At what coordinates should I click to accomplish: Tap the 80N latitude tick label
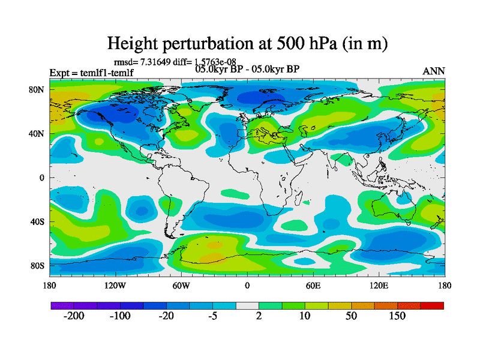tap(37, 89)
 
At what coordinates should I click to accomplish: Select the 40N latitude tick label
tap(37, 134)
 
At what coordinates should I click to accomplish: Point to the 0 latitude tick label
tap(42, 178)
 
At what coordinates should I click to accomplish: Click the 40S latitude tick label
tap(37, 222)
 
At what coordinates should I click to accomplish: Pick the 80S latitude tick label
tap(37, 266)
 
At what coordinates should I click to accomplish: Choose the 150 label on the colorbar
tap(397, 316)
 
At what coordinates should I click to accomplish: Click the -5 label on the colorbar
tap(212, 316)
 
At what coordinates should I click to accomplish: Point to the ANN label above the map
tap(434, 71)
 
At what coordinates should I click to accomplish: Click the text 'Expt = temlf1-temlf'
tap(91, 73)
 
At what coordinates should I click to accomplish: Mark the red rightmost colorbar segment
tap(432, 305)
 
